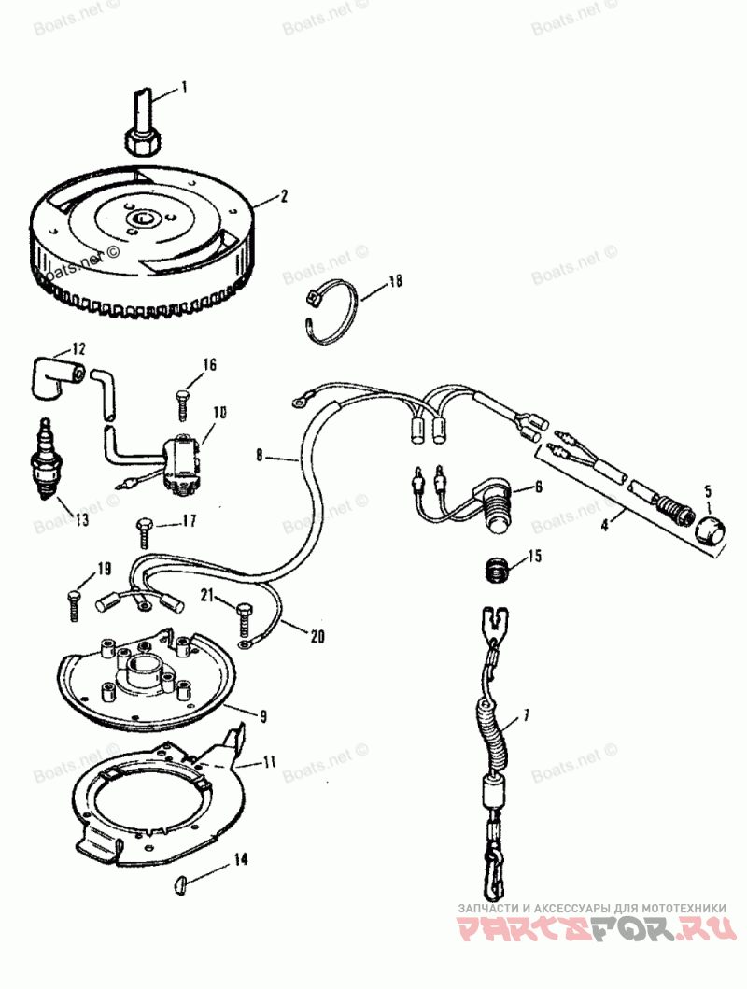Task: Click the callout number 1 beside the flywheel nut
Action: [x=184, y=89]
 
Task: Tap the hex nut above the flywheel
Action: [x=141, y=140]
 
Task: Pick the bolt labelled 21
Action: [x=244, y=615]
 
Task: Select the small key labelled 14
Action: [x=183, y=881]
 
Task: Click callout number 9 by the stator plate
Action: [x=264, y=717]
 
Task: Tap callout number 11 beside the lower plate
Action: [x=269, y=762]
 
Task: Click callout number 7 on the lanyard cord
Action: [x=525, y=716]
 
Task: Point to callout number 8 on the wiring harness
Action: [x=261, y=457]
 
